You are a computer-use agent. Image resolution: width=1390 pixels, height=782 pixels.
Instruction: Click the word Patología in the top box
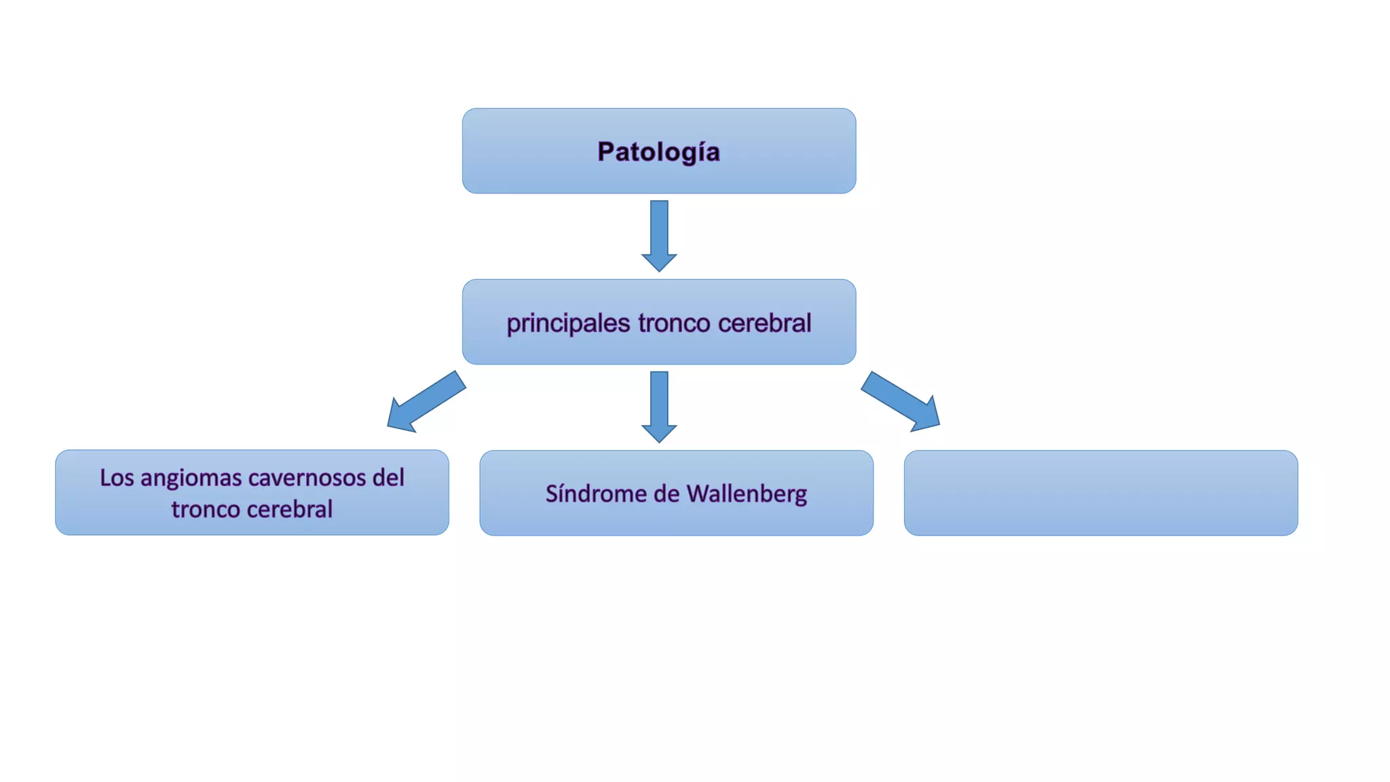[x=658, y=152]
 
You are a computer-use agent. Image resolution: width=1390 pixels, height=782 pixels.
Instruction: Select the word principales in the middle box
[x=568, y=323]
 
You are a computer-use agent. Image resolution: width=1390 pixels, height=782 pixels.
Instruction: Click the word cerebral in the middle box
[x=764, y=323]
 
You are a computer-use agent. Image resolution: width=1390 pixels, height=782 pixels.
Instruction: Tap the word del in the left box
[x=388, y=478]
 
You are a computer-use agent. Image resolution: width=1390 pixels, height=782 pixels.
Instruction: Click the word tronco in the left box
[x=205, y=509]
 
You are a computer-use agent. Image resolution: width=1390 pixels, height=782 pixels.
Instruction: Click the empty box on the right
[x=1100, y=493]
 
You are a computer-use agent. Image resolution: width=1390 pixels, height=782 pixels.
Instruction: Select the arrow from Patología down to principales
[x=659, y=234]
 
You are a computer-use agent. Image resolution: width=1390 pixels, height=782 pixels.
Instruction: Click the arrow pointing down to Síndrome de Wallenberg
[x=659, y=405]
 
